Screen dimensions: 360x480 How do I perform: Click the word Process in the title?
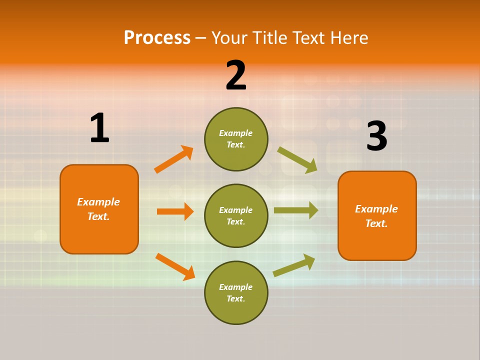click(157, 38)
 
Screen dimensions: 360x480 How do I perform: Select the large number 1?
click(99, 128)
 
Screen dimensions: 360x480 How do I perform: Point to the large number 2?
click(236, 75)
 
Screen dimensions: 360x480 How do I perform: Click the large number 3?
click(376, 136)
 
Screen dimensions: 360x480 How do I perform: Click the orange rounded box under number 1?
click(99, 209)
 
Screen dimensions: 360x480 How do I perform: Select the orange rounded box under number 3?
click(377, 216)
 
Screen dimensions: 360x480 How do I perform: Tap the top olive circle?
click(236, 139)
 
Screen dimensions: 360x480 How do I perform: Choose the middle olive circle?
click(236, 216)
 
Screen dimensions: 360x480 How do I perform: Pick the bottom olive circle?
click(236, 293)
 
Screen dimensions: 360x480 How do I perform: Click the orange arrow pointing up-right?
click(174, 159)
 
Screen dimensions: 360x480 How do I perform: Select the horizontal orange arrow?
click(175, 211)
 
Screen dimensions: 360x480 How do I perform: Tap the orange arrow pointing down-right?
click(175, 266)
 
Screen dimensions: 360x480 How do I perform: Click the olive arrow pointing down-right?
click(297, 159)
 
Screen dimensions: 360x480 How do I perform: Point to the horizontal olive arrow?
click(296, 210)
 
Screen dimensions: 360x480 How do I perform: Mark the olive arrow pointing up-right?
click(294, 265)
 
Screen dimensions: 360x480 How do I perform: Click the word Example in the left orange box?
click(98, 202)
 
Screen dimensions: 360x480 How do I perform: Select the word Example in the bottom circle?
click(235, 287)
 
